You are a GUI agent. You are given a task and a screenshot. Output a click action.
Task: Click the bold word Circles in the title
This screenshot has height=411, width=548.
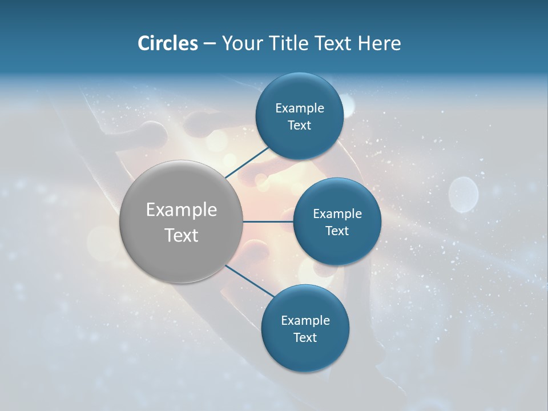168,43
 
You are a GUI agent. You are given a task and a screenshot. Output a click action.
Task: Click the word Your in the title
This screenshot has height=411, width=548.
241,43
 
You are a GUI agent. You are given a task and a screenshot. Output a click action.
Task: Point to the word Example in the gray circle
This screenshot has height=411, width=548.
182,210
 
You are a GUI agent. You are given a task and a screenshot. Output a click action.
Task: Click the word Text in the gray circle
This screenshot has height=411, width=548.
182,235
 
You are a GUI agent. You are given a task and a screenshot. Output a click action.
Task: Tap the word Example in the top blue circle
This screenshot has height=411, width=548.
300,108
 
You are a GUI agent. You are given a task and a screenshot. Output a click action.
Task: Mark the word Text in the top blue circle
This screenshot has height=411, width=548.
300,126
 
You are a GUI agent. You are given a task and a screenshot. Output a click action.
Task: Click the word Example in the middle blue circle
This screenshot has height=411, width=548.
337,214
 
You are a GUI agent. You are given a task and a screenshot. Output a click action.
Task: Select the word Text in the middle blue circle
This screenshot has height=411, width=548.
337,231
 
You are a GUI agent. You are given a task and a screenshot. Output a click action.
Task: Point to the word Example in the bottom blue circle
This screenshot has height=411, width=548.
305,321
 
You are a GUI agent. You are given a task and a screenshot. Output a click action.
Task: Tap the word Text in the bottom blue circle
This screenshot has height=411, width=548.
305,338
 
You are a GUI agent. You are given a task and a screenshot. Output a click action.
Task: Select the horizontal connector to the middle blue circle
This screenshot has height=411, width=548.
268,221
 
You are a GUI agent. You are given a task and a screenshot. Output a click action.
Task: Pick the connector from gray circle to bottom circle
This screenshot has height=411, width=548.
249,281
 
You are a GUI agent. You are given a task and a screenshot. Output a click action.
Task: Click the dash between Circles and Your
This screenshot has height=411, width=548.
209,43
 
